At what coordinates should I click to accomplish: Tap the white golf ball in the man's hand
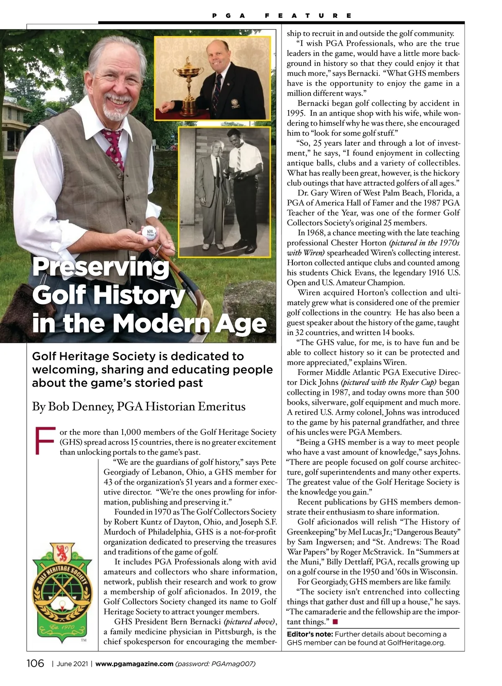coord(149,233)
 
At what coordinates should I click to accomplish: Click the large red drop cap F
coord(45,441)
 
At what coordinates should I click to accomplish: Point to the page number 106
coord(35,663)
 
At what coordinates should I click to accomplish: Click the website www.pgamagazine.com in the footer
coord(134,664)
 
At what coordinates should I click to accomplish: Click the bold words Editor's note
coord(310,634)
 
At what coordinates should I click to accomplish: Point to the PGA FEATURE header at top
coord(282,16)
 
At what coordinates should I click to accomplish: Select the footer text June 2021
coord(72,664)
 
